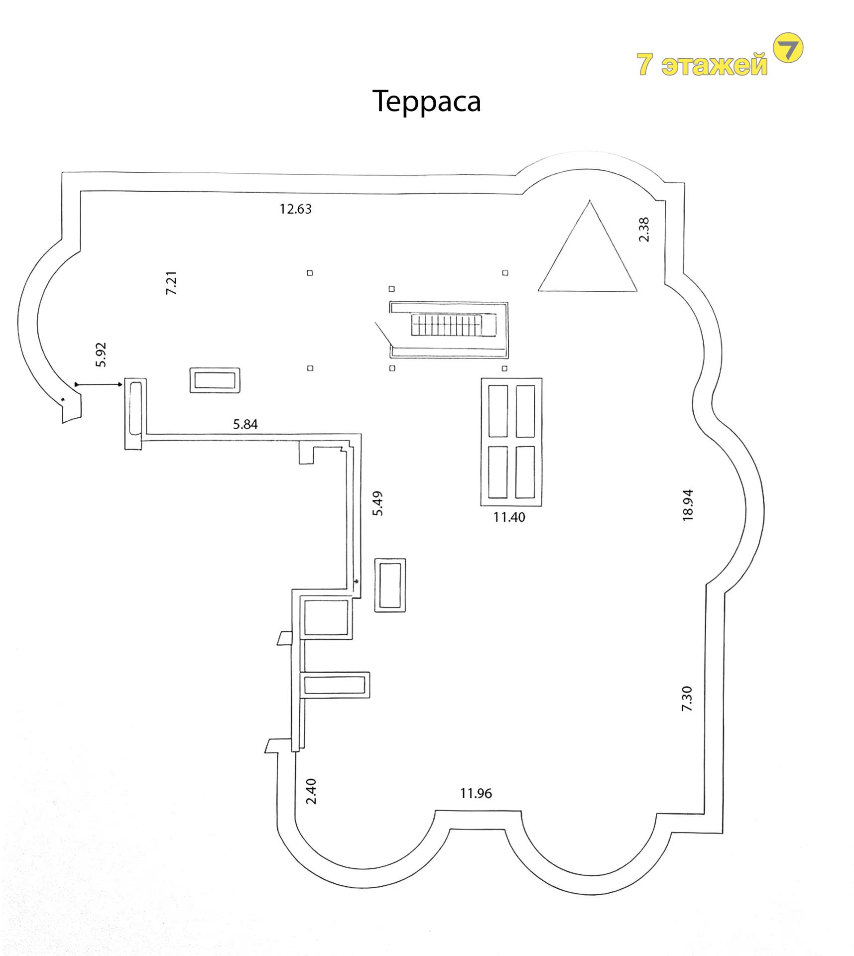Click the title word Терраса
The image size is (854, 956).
pyautogui.click(x=426, y=102)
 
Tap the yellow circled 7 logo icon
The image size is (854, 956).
pyautogui.click(x=788, y=48)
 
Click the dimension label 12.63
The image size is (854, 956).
pyautogui.click(x=295, y=209)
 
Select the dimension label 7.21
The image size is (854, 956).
pyautogui.click(x=171, y=283)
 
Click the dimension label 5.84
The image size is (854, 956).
pyautogui.click(x=245, y=424)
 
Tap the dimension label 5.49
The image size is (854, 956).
pyautogui.click(x=378, y=503)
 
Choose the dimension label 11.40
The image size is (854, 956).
pyautogui.click(x=509, y=517)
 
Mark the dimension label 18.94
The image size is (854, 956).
pyautogui.click(x=688, y=505)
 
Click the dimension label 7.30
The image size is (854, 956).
pyautogui.click(x=687, y=698)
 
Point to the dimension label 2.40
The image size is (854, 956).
pyautogui.click(x=311, y=791)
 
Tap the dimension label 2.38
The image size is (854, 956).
pyautogui.click(x=644, y=230)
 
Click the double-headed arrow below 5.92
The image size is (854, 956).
pyautogui.click(x=98, y=384)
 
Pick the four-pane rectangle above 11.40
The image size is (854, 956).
pyautogui.click(x=511, y=442)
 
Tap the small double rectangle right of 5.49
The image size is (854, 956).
pyautogui.click(x=390, y=585)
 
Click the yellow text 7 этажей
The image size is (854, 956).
pyautogui.click(x=702, y=65)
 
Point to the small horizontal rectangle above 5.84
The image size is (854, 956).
pyautogui.click(x=215, y=380)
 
